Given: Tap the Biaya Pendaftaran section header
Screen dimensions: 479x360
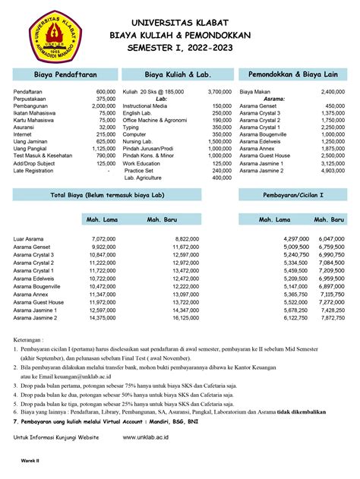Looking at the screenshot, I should coord(65,75).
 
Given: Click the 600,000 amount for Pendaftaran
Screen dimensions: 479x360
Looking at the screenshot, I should coord(106,92).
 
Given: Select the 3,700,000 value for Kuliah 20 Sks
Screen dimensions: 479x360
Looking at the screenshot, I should coord(216,92).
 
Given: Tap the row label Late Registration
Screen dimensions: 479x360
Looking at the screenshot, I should coord(37,171).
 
